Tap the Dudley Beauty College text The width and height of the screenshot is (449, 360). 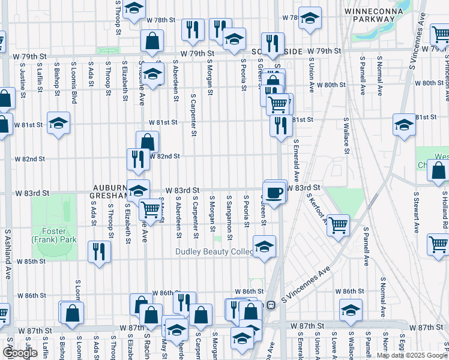point(215,252)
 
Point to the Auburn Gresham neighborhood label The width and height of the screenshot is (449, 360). point(109,191)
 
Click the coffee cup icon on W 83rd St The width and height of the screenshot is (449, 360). point(275,192)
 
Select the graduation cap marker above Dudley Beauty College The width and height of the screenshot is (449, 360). point(264,246)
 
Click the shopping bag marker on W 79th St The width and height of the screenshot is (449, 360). point(152,41)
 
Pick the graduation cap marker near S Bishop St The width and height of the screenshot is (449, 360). point(58,123)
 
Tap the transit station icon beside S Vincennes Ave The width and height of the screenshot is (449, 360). point(271,305)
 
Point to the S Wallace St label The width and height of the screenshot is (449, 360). point(346,135)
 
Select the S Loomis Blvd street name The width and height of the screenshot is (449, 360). point(74,82)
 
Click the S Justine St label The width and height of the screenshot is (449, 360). point(23,79)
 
